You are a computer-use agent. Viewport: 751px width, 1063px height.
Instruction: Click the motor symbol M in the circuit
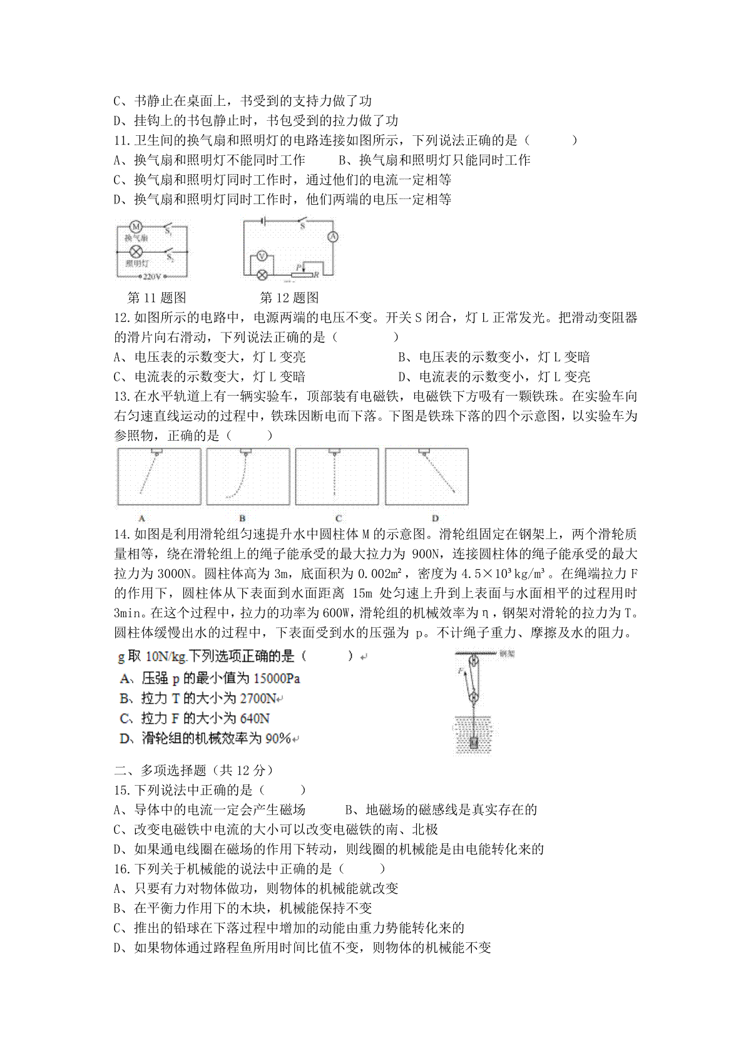click(136, 227)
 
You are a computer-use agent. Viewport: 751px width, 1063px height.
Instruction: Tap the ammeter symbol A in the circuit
click(334, 237)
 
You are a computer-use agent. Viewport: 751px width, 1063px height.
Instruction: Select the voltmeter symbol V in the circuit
click(263, 255)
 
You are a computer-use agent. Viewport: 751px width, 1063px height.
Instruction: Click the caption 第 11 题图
click(156, 297)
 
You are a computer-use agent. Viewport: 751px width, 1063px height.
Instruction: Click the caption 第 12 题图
click(289, 297)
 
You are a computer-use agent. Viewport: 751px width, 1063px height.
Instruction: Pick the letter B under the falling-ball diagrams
click(242, 518)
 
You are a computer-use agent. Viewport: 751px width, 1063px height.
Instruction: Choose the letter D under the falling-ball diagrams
click(435, 518)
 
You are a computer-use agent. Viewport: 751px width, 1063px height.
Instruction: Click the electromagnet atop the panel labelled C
click(337, 451)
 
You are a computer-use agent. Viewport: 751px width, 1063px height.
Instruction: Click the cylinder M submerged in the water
click(474, 742)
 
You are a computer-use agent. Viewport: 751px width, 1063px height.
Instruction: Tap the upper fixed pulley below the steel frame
click(474, 660)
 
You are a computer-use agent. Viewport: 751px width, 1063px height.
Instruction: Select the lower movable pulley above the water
click(474, 697)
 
